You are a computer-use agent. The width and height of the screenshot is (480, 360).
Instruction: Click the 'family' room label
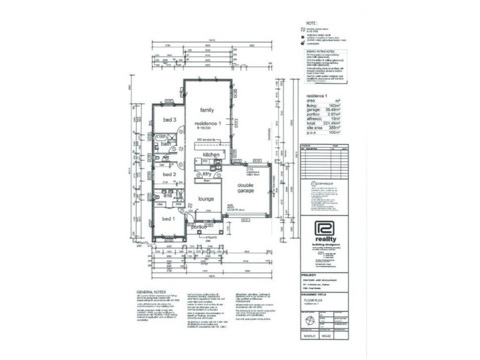(208, 110)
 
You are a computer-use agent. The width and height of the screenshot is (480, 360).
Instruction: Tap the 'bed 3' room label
(169, 120)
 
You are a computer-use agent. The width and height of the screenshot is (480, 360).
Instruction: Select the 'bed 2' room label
(169, 175)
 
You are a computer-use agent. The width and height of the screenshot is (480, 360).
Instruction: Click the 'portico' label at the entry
(199, 227)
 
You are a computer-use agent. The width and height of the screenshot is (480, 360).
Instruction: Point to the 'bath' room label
(166, 144)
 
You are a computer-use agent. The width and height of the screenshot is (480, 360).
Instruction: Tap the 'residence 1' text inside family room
(208, 123)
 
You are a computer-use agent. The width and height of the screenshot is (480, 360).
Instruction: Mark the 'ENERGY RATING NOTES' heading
(317, 53)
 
